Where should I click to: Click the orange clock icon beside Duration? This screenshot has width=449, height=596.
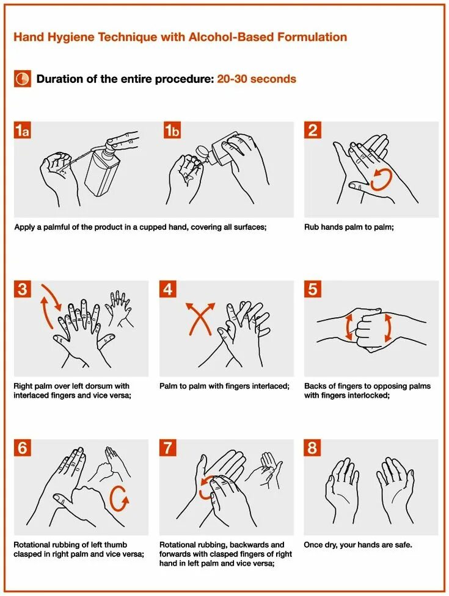pyautogui.click(x=23, y=79)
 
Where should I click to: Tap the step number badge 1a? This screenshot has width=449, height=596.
pyautogui.click(x=23, y=130)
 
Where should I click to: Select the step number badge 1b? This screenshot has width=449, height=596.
pyautogui.click(x=172, y=130)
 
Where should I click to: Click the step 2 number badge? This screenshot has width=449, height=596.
pyautogui.click(x=312, y=130)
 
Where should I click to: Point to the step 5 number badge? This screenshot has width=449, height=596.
pyautogui.click(x=312, y=289)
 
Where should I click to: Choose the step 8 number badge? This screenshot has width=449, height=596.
pyautogui.click(x=312, y=448)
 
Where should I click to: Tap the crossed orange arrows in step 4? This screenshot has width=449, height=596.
pyautogui.click(x=200, y=318)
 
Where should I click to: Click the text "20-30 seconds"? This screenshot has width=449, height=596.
pyautogui.click(x=257, y=79)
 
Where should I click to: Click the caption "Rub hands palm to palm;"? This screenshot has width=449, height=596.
pyautogui.click(x=349, y=228)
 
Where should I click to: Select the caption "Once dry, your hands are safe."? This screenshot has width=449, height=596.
pyautogui.click(x=358, y=545)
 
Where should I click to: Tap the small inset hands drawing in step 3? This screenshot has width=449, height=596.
pyautogui.click(x=120, y=309)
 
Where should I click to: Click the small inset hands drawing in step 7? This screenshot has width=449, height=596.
pyautogui.click(x=265, y=470)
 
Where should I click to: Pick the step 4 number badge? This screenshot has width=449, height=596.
pyautogui.click(x=168, y=289)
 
